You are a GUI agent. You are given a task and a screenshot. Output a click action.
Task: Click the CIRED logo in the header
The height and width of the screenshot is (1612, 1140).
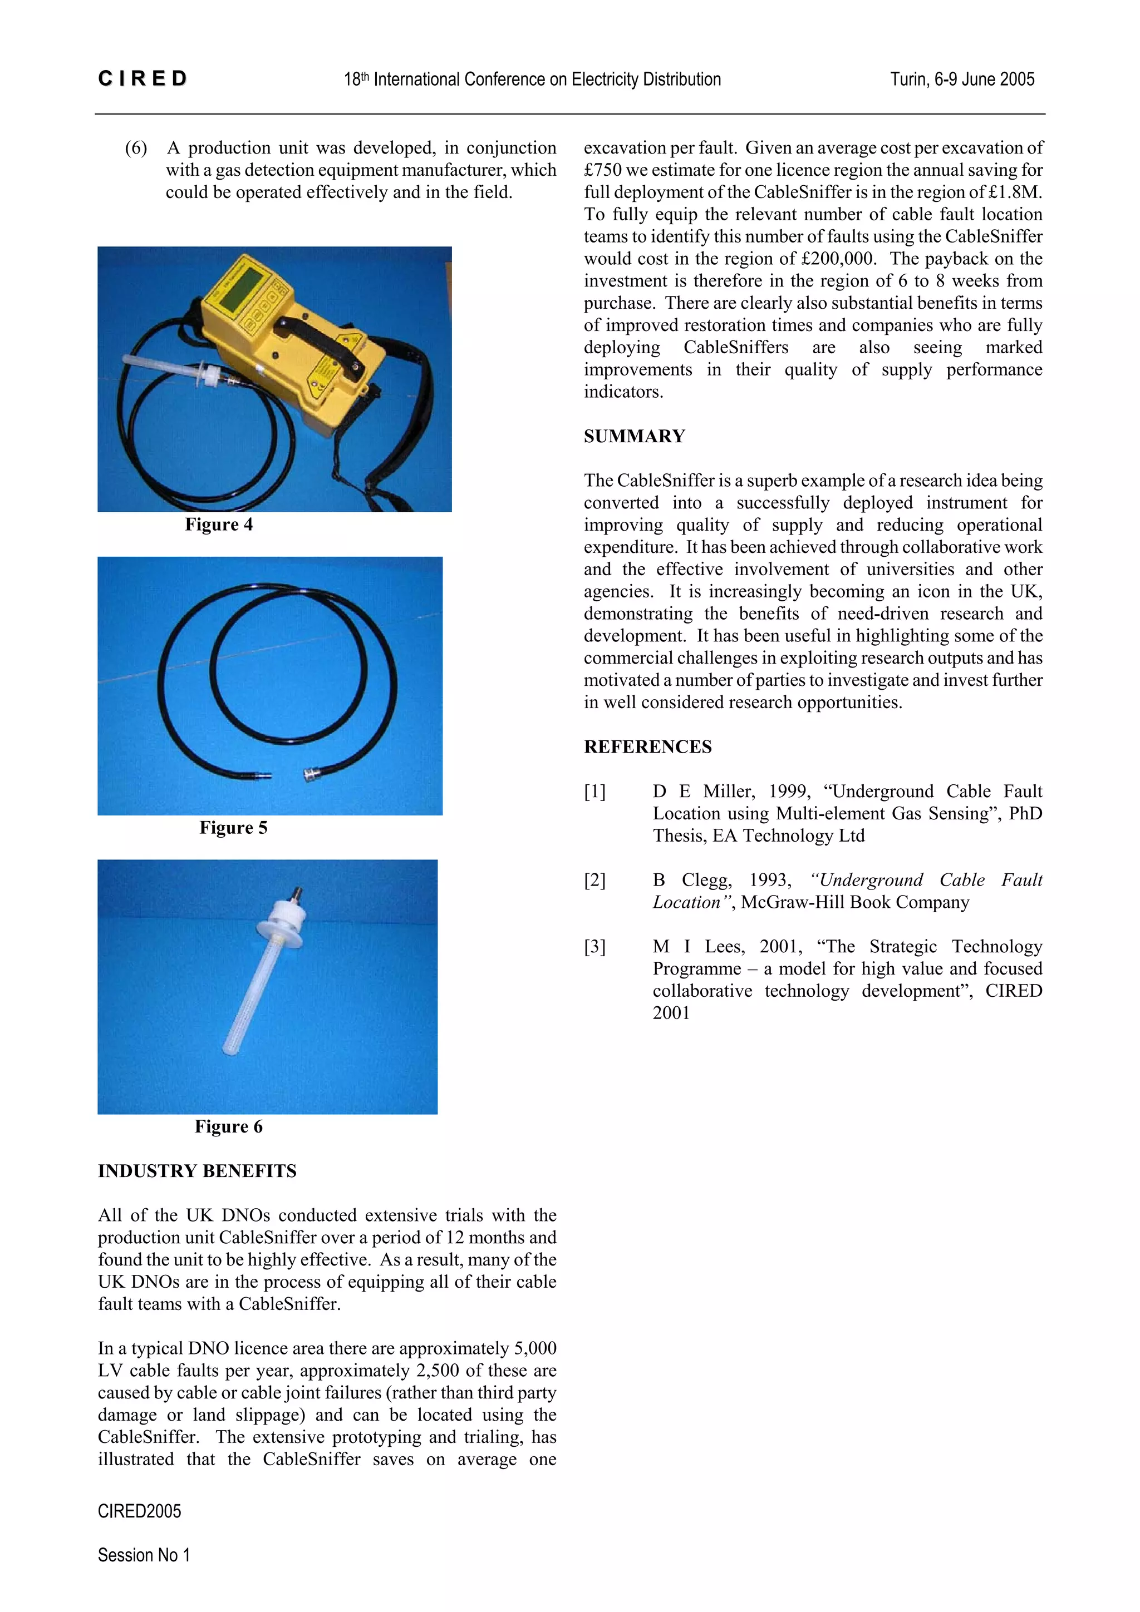[142, 78]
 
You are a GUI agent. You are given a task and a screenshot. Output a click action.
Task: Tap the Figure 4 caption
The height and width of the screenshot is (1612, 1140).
[218, 525]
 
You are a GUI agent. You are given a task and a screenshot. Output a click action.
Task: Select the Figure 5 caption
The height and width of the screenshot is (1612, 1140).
[233, 828]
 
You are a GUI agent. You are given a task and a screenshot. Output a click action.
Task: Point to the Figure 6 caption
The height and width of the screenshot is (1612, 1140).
[228, 1126]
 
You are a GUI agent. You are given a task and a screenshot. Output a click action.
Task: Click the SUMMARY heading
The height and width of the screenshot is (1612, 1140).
[633, 436]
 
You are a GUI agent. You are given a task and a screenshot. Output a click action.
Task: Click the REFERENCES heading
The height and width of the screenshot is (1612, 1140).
[647, 746]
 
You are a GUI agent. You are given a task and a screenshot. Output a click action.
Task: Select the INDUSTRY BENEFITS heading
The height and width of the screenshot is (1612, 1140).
[196, 1170]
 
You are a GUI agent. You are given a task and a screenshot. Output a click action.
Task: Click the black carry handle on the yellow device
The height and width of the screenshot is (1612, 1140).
[320, 338]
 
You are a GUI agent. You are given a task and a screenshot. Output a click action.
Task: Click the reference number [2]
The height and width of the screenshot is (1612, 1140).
[594, 881]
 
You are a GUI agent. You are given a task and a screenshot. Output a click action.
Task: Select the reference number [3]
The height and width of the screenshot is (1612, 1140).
[594, 946]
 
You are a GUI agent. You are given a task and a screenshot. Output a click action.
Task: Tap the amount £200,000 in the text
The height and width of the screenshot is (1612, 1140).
[837, 259]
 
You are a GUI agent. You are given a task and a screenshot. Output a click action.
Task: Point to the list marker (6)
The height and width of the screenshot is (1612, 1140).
[136, 148]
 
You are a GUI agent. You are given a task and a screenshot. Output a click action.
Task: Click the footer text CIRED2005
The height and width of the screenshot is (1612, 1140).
[139, 1511]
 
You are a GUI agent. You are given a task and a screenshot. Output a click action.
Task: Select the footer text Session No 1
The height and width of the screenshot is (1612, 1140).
[143, 1555]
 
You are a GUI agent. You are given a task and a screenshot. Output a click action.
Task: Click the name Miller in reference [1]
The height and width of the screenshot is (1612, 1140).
[727, 791]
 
